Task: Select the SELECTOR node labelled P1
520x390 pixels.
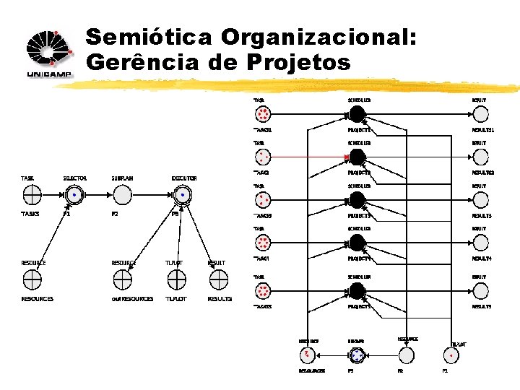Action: [74, 195]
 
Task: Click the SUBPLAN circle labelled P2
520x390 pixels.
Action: [122, 195]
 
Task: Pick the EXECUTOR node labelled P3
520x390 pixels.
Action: [183, 195]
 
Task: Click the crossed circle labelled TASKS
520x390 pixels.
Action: [32, 195]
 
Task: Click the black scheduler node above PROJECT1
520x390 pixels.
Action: [357, 114]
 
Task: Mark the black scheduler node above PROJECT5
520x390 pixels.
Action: [357, 290]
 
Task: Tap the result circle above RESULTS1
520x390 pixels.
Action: [480, 114]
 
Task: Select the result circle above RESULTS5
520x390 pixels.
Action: [480, 290]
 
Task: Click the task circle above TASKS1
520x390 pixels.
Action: [262, 114]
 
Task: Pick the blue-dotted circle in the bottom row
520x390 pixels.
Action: [357, 355]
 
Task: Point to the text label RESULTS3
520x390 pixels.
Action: [482, 216]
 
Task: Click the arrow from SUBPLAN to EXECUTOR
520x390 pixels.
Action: [152, 195]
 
